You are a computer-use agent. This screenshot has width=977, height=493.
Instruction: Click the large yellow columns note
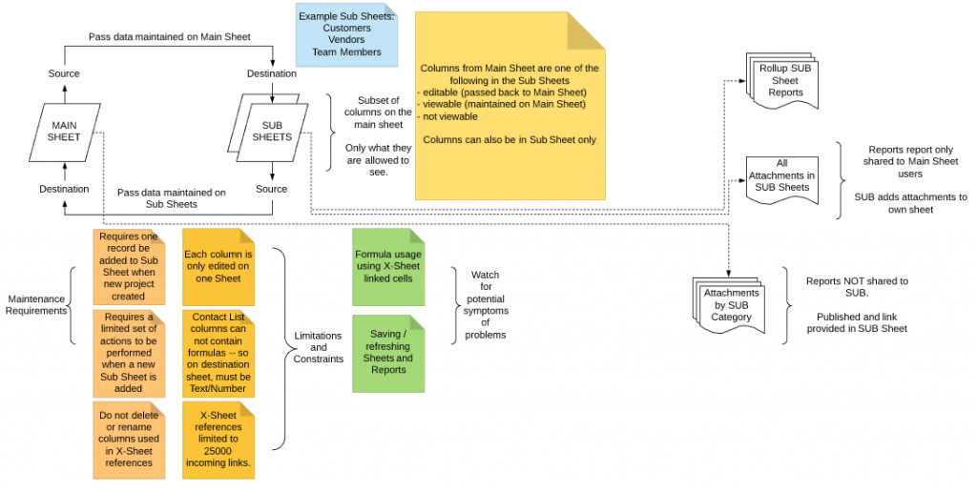509,105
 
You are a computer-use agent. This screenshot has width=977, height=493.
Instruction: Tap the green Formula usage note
387,267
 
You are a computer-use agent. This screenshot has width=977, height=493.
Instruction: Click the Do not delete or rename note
130,438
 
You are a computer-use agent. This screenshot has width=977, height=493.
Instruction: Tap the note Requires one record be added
130,268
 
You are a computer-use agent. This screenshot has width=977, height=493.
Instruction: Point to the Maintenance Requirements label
37,304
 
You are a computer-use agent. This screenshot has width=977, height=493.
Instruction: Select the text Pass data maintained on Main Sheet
169,36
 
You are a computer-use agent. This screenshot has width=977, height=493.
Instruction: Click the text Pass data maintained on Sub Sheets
171,198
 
